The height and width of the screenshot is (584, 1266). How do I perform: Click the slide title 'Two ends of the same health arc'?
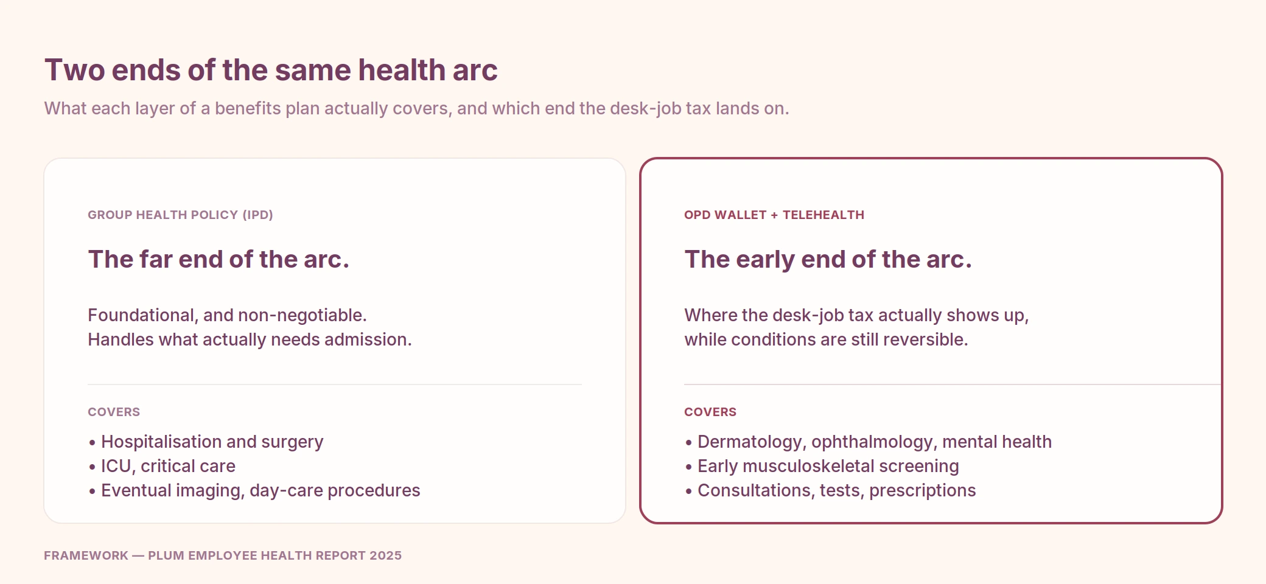pos(271,70)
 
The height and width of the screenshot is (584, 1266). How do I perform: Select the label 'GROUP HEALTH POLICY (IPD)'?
pos(180,215)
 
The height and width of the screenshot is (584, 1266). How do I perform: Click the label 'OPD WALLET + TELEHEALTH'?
pos(774,215)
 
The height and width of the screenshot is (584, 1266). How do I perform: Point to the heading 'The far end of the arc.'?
pos(219,259)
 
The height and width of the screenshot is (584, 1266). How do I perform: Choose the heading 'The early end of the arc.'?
pos(828,260)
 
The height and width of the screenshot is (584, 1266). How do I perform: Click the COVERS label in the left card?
pos(114,412)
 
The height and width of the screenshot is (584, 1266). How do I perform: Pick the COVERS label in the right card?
pos(710,412)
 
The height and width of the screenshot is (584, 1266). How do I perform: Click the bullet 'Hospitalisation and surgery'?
pos(206,442)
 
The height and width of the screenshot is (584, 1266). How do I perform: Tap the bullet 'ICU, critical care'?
pos(162,466)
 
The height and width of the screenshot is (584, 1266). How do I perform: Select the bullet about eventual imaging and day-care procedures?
pos(254,490)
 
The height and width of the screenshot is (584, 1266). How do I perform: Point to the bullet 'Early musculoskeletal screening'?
pos(822,466)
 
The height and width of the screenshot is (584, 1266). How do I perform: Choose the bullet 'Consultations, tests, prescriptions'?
pos(830,490)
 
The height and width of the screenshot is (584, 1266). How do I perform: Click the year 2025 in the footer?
pos(385,555)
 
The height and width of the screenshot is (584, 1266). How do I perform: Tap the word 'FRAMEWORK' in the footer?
pos(86,555)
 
